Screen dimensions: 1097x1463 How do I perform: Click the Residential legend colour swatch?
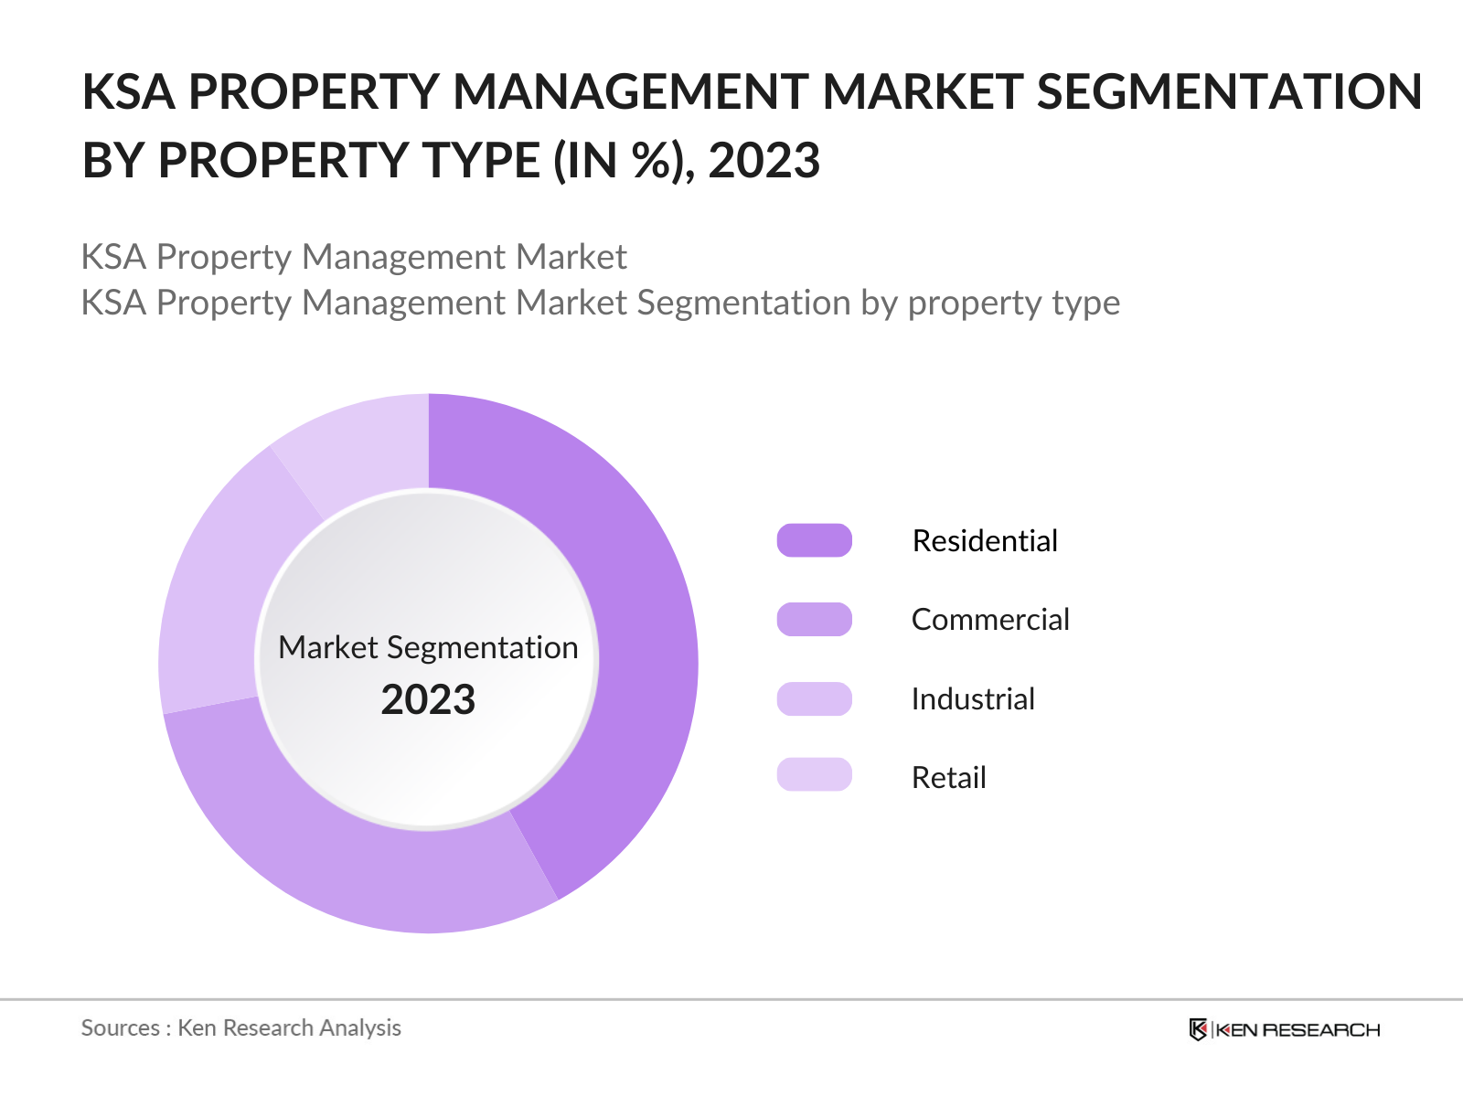[814, 540]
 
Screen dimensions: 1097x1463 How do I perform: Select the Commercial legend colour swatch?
[814, 619]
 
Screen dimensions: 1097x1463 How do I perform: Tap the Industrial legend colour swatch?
[814, 698]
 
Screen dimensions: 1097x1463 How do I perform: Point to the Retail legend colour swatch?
[814, 775]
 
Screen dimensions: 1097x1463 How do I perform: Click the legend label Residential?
[985, 540]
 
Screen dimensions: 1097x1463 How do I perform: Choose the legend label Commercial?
[990, 619]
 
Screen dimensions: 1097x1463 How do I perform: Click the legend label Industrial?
[973, 698]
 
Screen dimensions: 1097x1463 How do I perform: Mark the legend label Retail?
[948, 777]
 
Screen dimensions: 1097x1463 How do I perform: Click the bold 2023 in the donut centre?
[428, 699]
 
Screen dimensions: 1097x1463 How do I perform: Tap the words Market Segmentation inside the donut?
[428, 647]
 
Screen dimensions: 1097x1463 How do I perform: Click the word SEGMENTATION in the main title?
[1229, 91]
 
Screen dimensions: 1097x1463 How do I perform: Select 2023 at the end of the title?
[764, 161]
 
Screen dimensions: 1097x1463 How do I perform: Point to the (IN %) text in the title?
[618, 161]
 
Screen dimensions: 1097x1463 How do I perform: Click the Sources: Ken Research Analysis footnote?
[241, 1028]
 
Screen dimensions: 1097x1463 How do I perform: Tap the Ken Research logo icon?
[1198, 1029]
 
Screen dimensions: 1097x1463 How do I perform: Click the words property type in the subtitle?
[1013, 303]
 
